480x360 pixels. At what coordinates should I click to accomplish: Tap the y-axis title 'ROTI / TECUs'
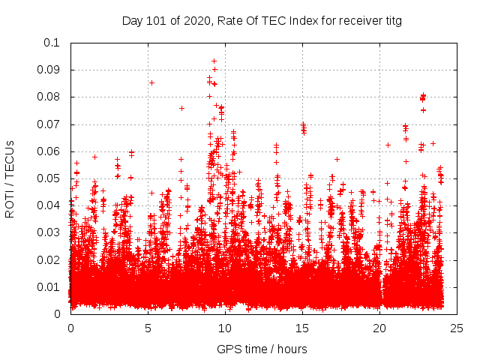tap(10, 178)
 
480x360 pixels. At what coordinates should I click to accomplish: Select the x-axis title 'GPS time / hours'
tap(262, 349)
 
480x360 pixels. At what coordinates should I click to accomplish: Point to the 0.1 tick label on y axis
tap(51, 43)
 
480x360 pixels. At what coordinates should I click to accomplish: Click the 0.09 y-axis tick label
tap(48, 70)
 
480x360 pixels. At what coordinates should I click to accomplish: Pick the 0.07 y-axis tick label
tap(48, 124)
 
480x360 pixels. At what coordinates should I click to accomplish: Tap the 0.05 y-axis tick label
tap(48, 178)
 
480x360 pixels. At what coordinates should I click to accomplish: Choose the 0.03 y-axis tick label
tap(48, 232)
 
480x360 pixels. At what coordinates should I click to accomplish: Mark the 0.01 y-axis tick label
tap(48, 286)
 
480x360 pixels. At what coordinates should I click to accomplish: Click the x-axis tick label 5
tap(148, 328)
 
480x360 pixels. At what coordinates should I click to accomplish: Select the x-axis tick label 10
tap(225, 328)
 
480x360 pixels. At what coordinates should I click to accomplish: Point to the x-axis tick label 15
tap(302, 328)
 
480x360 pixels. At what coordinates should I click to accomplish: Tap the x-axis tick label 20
tap(379, 328)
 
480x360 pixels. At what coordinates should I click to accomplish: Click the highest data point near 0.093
tap(214, 61)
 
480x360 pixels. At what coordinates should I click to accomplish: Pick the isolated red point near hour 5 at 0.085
tap(151, 82)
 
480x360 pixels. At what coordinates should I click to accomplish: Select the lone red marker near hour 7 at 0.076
tap(181, 108)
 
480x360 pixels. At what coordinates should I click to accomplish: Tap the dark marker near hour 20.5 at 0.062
tap(388, 145)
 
